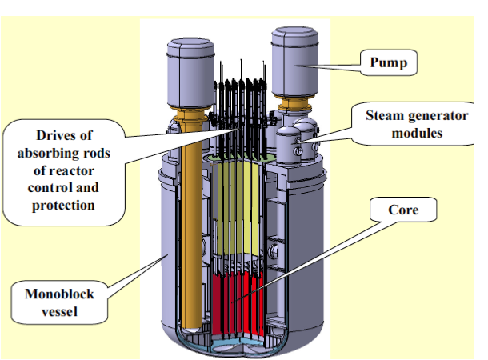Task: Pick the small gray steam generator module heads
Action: click(x=300, y=140)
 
